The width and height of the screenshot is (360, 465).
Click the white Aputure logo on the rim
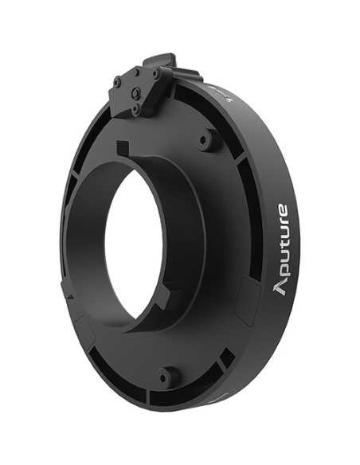tap(281, 249)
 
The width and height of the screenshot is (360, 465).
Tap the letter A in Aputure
tap(280, 287)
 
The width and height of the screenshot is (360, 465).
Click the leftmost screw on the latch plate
tap(117, 81)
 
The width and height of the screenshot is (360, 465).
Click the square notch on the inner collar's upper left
tap(122, 148)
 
